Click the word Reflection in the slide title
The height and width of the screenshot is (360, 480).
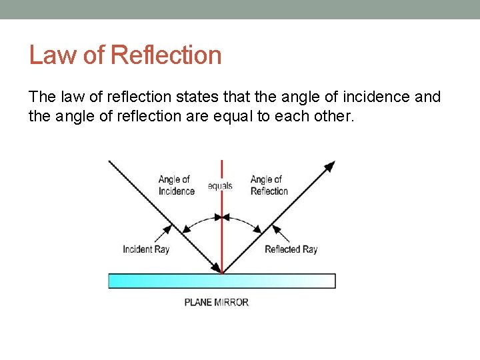point(167,55)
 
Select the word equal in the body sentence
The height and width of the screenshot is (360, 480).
point(249,117)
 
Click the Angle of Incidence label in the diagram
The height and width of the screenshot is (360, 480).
point(176,185)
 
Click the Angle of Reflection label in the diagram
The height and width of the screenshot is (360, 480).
point(269,185)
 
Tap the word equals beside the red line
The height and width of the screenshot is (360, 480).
point(220,186)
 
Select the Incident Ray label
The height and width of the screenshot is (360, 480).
point(146,249)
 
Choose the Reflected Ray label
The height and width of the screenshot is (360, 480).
point(291,249)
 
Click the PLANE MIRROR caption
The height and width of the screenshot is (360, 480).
point(217,302)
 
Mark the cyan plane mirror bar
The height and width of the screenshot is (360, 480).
point(222,281)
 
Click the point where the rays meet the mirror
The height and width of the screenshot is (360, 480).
point(222,273)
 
